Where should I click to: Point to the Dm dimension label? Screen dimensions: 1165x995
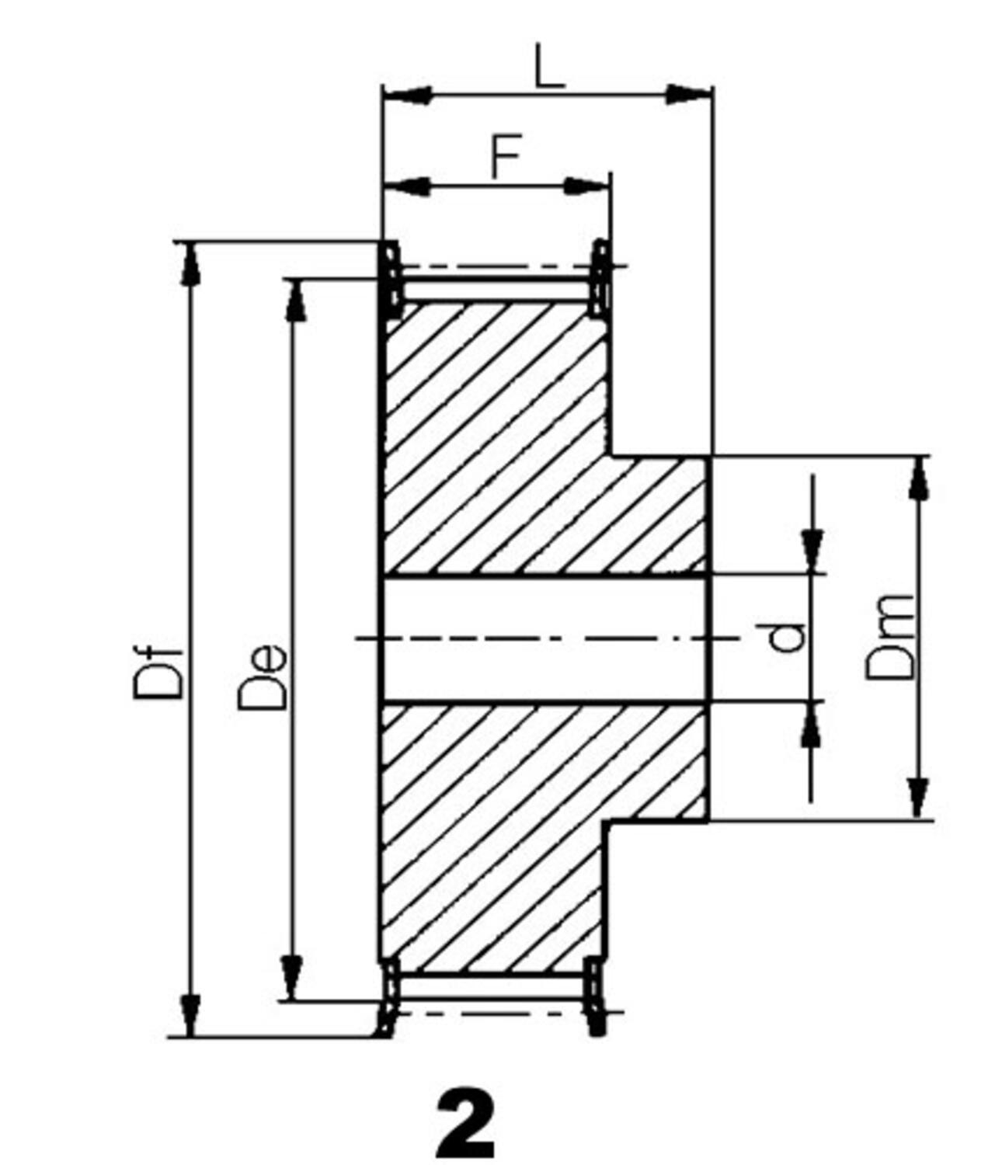890,638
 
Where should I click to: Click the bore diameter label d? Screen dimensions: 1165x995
786,638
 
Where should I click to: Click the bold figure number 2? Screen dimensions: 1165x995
465,1123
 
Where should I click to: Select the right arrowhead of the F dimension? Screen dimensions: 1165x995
586,186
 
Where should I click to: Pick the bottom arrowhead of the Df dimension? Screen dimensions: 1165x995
191,1014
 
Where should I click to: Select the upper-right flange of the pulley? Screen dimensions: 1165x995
600,278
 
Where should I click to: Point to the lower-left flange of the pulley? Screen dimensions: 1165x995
388,997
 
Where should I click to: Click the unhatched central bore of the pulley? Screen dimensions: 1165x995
544,639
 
